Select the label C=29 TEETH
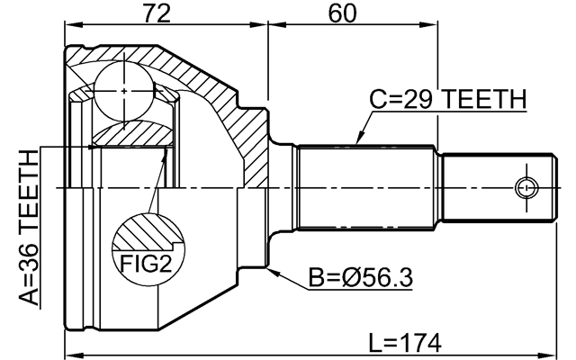[447, 99]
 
